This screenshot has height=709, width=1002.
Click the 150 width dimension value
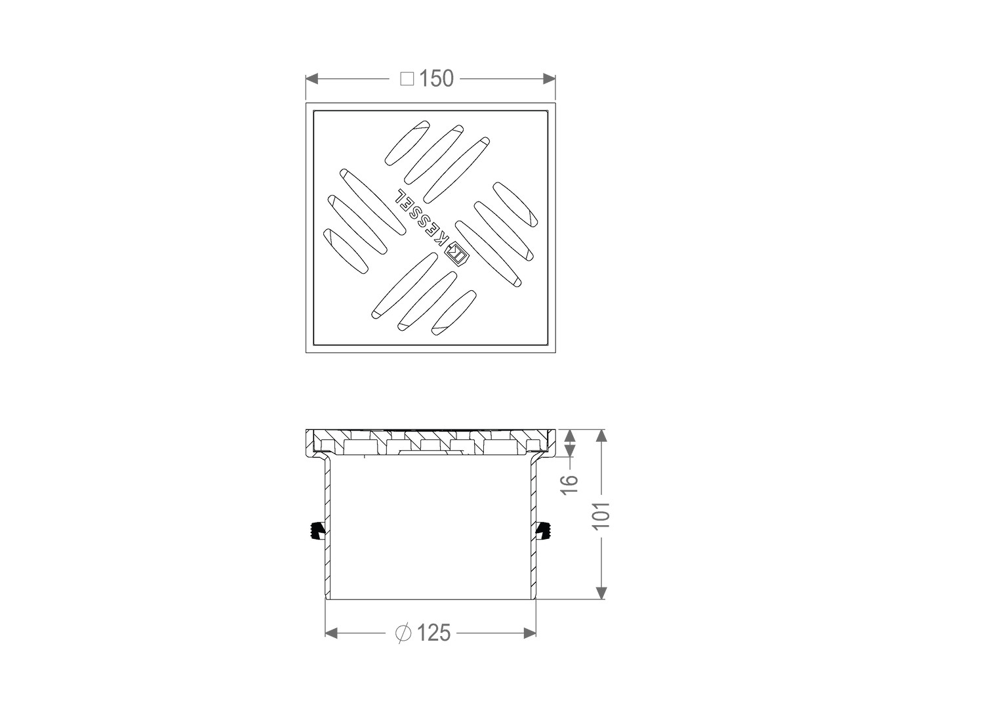point(436,79)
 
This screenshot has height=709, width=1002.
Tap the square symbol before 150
point(407,79)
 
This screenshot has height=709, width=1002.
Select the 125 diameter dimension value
point(433,633)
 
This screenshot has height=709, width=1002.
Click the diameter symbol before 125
point(403,634)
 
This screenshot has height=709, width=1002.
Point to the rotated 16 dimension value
point(570,483)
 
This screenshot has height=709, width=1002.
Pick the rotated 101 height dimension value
point(601,515)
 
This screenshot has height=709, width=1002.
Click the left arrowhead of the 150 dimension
point(311,79)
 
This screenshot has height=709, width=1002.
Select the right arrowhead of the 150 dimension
point(550,79)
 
